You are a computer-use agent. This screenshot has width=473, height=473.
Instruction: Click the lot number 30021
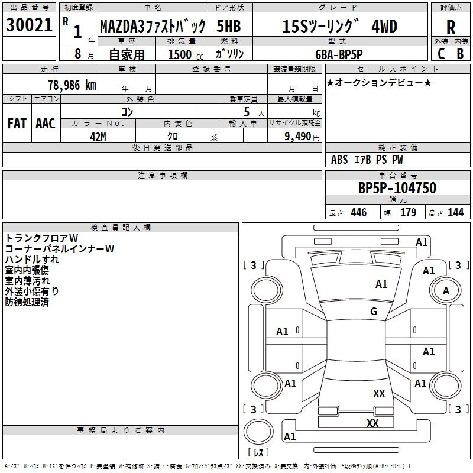[30, 25]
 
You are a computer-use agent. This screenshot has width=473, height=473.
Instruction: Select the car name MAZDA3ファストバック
[153, 27]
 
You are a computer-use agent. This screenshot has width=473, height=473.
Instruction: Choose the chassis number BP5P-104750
[397, 188]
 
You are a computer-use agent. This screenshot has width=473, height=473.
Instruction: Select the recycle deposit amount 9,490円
[301, 135]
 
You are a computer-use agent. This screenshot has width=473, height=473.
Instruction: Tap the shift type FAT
[17, 124]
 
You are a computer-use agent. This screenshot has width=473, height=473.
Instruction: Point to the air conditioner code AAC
[46, 124]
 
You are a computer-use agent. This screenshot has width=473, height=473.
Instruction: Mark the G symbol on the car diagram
[374, 312]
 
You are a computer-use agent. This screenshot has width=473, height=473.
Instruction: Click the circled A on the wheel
[446, 291]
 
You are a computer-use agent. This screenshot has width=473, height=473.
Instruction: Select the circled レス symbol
[258, 453]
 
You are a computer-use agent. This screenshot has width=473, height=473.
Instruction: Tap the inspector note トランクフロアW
[41, 238]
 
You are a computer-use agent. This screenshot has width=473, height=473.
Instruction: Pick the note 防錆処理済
[27, 302]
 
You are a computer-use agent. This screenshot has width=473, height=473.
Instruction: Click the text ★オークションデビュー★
[378, 82]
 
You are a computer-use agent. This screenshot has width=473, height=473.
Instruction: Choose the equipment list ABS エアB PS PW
[367, 160]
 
